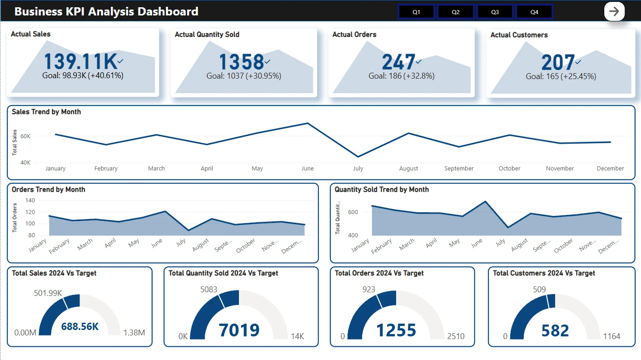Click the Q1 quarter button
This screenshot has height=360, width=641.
[x=416, y=12]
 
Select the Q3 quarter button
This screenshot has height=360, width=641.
[x=495, y=12]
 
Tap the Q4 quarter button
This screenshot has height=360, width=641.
[x=534, y=12]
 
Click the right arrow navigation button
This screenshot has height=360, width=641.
[x=614, y=11]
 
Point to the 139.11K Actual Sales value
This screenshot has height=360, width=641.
[x=80, y=62]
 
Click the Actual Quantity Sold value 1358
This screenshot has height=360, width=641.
[x=241, y=62]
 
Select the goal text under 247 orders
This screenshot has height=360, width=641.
[x=402, y=76]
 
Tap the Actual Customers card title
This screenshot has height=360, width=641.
[x=519, y=35]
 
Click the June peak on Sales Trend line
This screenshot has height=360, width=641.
[x=308, y=123]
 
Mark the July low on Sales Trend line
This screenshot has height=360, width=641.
[x=358, y=157]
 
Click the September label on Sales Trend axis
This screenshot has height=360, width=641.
[x=459, y=168]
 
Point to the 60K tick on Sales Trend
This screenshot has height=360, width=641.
[x=25, y=136]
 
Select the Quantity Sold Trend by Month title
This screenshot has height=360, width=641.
[x=382, y=190]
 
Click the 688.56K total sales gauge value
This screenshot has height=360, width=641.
[x=80, y=326]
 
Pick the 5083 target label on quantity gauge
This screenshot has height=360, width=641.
[x=209, y=289]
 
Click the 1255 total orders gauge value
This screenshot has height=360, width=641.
[x=396, y=330]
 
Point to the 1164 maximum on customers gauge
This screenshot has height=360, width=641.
[x=611, y=336]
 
